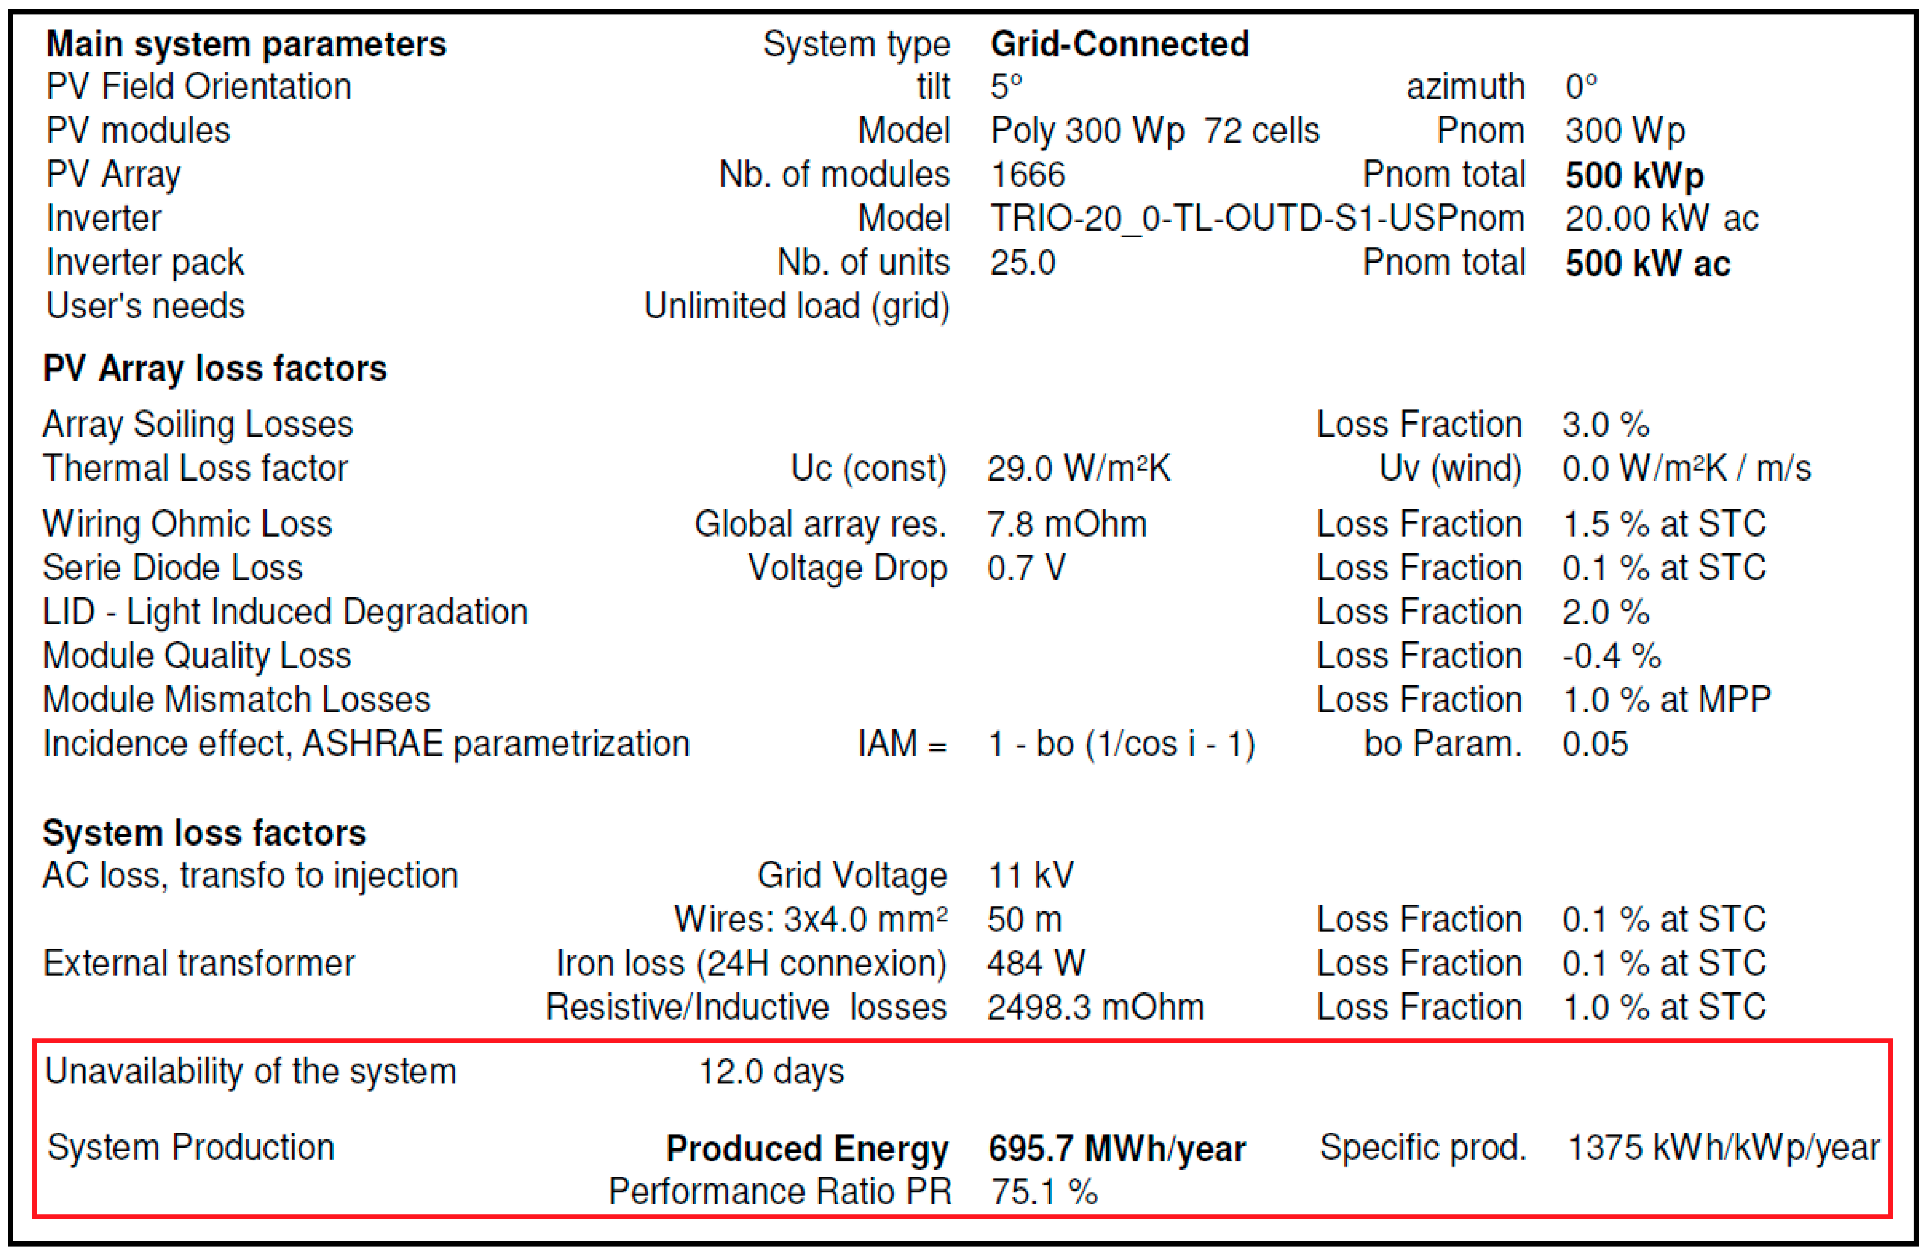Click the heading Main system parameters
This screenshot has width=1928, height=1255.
246,44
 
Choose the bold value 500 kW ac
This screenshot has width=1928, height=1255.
1647,264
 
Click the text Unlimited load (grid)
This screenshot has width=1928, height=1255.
796,306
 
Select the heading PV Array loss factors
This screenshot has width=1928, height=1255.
215,369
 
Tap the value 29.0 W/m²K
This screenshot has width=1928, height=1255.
1078,469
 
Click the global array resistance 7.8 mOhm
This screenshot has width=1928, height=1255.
1066,524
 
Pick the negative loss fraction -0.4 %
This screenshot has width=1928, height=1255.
1611,655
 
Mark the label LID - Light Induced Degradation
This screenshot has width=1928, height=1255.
285,612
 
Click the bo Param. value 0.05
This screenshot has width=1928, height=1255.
1594,744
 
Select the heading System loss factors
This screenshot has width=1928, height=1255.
204,833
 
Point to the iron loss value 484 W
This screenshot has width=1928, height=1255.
1035,963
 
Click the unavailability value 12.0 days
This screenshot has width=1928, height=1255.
771,1072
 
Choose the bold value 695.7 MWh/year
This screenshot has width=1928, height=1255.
1116,1149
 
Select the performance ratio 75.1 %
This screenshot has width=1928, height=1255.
1044,1192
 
